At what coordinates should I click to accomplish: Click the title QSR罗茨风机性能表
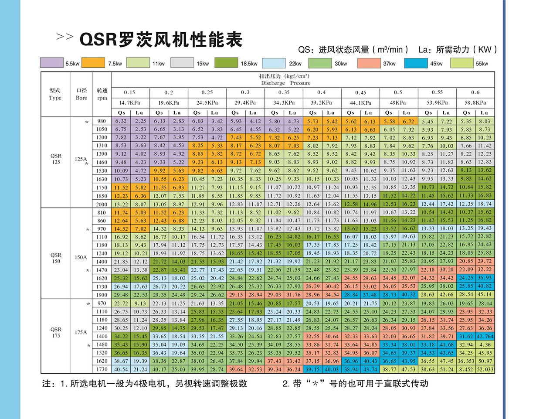(x=161, y=40)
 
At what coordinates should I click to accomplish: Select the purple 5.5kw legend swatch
(x=51, y=63)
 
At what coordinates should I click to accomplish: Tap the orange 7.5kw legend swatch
(x=93, y=63)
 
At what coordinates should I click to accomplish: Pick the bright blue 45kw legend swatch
(x=415, y=63)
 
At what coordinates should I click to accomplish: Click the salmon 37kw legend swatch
(x=369, y=63)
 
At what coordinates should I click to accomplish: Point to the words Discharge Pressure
(x=286, y=83)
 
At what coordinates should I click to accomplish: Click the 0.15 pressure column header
(x=129, y=92)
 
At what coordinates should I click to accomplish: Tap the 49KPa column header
(x=398, y=103)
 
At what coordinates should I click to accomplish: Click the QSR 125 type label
(x=56, y=159)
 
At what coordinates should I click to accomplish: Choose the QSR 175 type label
(x=56, y=332)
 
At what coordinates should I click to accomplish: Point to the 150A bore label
(x=81, y=257)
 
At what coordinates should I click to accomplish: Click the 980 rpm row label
(x=102, y=121)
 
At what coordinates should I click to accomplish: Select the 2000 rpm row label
(x=102, y=204)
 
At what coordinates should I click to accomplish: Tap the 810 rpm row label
(x=102, y=212)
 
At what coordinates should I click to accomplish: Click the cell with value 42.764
(x=485, y=336)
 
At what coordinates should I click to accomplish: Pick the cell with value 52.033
(x=485, y=369)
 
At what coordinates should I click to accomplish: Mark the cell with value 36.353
(x=466, y=361)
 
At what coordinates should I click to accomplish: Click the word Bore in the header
(x=81, y=98)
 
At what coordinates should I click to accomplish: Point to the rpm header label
(x=102, y=98)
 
